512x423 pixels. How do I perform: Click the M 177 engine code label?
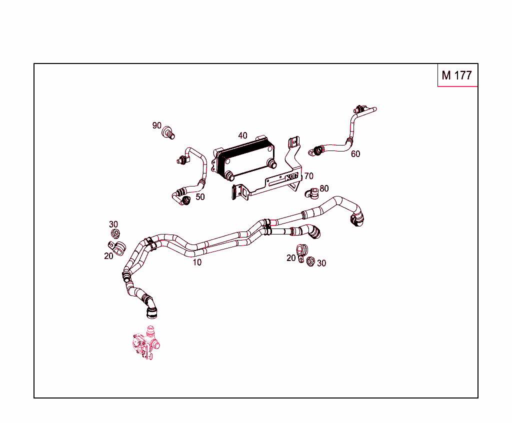click(456, 75)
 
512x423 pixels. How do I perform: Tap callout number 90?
click(156, 125)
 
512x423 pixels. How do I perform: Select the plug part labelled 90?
click(168, 132)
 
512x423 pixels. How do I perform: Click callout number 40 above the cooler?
click(242, 135)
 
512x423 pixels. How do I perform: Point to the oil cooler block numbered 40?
click(244, 158)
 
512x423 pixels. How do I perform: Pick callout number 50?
click(200, 197)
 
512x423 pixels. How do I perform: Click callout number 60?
click(355, 154)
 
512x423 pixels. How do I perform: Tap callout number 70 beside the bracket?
click(308, 176)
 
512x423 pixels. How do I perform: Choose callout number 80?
click(324, 188)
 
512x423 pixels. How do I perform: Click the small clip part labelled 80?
click(312, 193)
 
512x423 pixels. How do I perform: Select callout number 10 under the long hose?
click(197, 262)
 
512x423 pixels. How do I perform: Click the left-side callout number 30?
click(113, 224)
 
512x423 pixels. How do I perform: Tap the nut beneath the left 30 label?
click(115, 233)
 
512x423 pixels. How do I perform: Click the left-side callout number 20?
click(108, 256)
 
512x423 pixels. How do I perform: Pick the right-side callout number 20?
click(291, 258)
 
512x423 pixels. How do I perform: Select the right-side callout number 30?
click(321, 263)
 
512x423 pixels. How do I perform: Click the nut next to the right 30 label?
click(310, 261)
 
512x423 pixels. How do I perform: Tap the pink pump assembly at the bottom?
click(146, 343)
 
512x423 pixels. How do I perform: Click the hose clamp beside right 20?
click(301, 252)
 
